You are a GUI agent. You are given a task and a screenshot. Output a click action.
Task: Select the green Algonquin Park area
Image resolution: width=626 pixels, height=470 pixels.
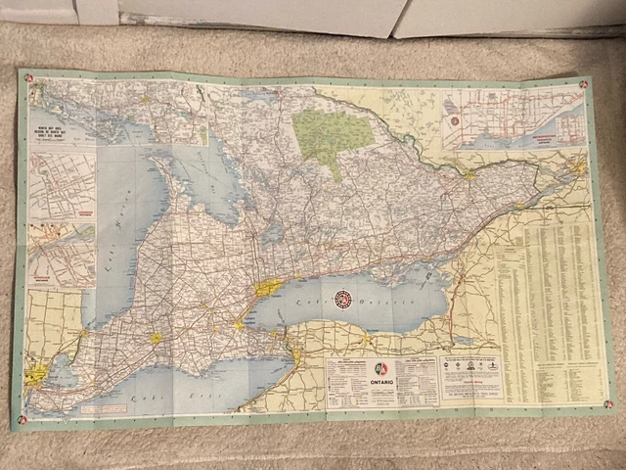tap(329, 136)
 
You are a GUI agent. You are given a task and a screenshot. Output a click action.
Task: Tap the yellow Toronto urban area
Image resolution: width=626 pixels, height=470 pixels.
tap(266, 288)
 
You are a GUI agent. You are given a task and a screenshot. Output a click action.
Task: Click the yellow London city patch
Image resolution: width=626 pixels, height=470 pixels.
tap(156, 338)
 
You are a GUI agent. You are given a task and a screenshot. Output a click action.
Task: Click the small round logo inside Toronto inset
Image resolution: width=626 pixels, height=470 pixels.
tap(456, 119)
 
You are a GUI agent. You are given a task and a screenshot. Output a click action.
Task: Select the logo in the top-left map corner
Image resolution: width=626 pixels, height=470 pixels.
tap(30, 79)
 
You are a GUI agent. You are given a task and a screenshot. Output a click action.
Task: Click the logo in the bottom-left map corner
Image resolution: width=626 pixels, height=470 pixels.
tap(22, 419)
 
